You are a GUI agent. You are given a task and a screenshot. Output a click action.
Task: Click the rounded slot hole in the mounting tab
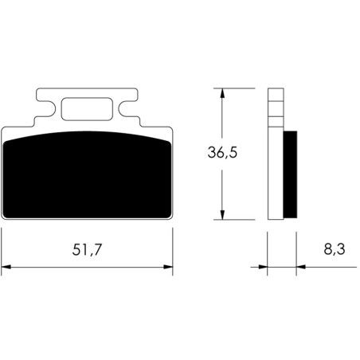tap(87, 108)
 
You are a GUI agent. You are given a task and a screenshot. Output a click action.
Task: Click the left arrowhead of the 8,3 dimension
tap(262, 265)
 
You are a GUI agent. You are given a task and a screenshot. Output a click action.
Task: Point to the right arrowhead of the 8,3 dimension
tap(300, 265)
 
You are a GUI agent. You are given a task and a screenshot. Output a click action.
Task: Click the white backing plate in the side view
tap(275, 175)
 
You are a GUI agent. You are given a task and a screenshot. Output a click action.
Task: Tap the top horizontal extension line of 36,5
tap(234, 86)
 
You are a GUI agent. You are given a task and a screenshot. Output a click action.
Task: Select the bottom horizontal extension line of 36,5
tap(234, 221)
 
